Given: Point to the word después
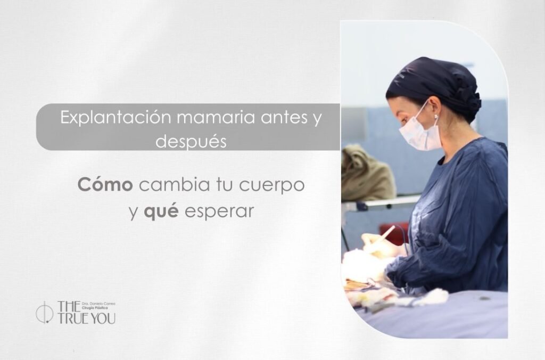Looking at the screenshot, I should point(191,142).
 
